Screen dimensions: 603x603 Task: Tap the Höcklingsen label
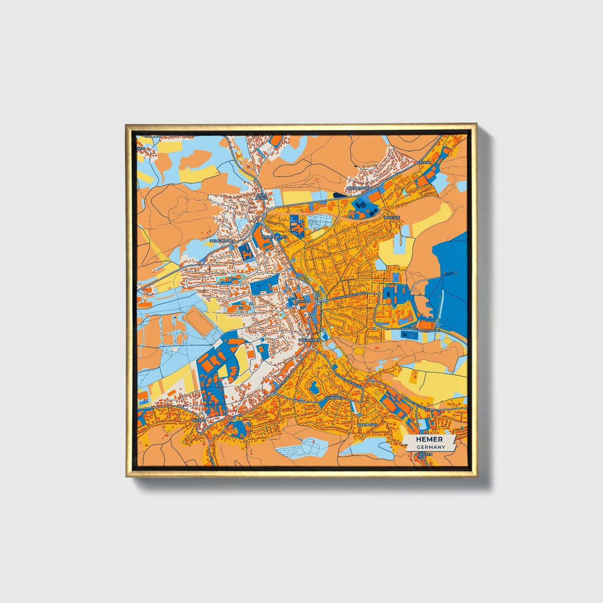pyautogui.click(x=358, y=188)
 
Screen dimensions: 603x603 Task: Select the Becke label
pyautogui.click(x=424, y=161)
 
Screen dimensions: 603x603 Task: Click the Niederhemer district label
pyautogui.click(x=274, y=237)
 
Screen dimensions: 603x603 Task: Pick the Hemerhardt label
pyautogui.click(x=222, y=241)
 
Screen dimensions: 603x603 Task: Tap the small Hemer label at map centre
pyautogui.click(x=301, y=301)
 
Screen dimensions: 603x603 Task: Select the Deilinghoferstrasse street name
pyautogui.click(x=422, y=330)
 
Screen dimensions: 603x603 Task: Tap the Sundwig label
pyautogui.click(x=333, y=398)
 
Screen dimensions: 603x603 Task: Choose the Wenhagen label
pyautogui.click(x=367, y=424)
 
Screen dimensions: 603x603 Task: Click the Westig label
pyautogui.click(x=199, y=420)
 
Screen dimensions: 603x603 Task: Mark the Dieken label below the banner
pyautogui.click(x=426, y=454)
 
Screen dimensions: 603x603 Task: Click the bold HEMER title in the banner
pyautogui.click(x=429, y=439)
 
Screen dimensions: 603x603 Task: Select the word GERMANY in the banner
pyautogui.click(x=430, y=447)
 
